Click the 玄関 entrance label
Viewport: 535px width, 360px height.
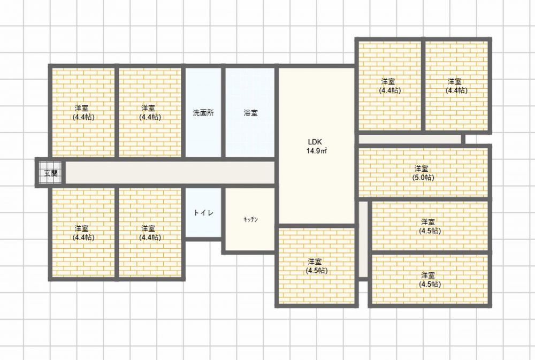click(51, 173)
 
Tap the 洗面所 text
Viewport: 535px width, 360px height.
click(203, 113)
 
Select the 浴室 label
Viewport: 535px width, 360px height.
click(251, 113)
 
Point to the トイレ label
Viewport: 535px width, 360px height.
click(204, 212)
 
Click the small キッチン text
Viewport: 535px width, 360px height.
click(251, 219)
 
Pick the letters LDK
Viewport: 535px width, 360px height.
click(315, 142)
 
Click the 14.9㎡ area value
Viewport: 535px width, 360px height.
click(317, 151)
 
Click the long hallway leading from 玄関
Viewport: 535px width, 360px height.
click(170, 173)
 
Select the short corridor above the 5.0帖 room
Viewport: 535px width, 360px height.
click(410, 139)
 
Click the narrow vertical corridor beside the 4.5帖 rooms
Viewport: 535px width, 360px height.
click(363, 239)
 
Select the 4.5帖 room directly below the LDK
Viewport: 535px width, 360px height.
click(317, 266)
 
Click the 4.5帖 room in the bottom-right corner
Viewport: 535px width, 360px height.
click(430, 279)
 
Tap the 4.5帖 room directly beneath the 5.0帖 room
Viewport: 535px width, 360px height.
click(430, 226)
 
